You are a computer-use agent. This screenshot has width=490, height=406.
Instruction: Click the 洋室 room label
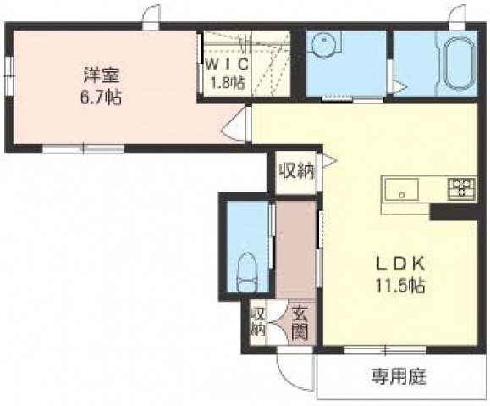pos(102,75)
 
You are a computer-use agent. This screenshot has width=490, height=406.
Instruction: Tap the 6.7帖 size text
pos(101,97)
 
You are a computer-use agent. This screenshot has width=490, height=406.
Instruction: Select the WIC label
pos(228,64)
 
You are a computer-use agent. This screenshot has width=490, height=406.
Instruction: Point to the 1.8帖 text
pos(227,83)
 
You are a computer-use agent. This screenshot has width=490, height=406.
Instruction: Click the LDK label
pos(400,264)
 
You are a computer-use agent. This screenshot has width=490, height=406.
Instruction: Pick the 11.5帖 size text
pos(400,285)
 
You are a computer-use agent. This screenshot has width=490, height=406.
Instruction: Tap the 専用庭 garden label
pos(399,376)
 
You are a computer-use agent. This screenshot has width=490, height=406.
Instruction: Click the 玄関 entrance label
pos(300,325)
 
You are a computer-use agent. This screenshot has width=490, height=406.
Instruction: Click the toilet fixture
pos(247,272)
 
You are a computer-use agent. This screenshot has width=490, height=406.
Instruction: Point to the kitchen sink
pos(401,189)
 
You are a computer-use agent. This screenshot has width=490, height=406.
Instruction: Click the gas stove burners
pos(461,188)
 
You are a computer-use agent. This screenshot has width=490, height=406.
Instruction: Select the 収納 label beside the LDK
pos(296,171)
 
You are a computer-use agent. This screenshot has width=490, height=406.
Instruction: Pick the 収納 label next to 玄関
pos(258,324)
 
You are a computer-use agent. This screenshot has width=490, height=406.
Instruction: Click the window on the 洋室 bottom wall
pos(84,148)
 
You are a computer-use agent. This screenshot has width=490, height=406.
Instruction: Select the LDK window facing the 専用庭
pos(385,350)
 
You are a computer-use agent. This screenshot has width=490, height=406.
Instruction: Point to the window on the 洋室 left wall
pos(9,75)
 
